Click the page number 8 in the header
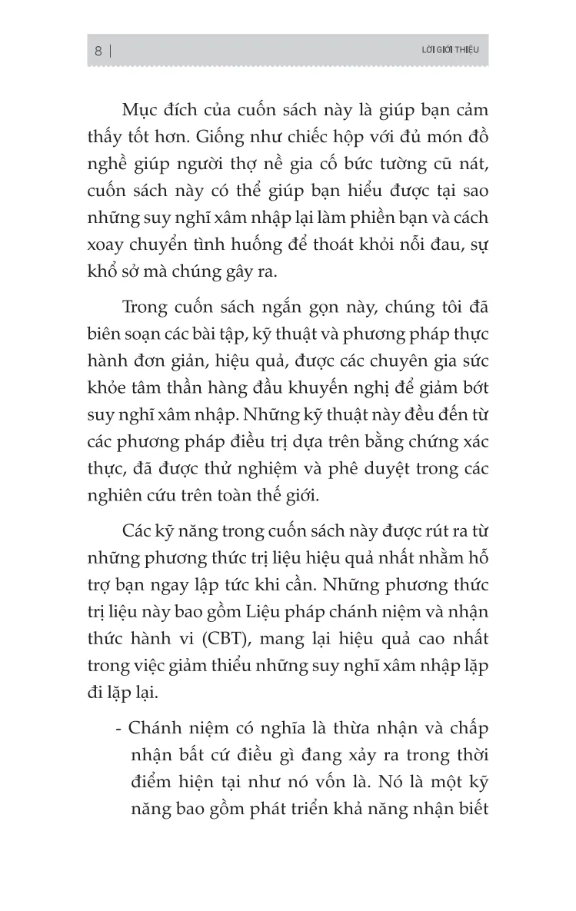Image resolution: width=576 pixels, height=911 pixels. pos(98,52)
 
